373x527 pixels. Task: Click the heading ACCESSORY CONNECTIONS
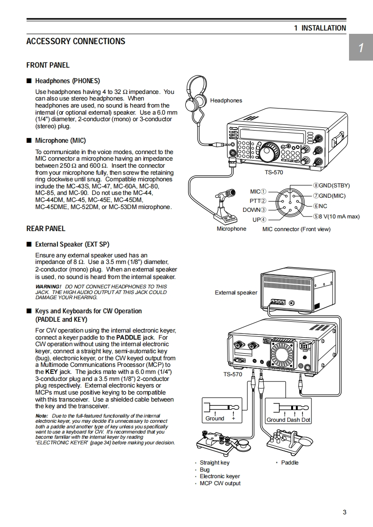point(76,41)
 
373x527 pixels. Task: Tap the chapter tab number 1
point(360,48)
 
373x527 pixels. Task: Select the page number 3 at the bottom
point(344,512)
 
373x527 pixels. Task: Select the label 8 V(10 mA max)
point(339,217)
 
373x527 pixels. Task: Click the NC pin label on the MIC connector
point(322,206)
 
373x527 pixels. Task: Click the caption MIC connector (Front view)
point(296,229)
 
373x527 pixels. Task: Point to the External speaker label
point(236,293)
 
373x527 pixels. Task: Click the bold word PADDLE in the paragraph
point(128,337)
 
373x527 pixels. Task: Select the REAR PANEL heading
point(46,229)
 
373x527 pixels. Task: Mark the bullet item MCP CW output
point(220,483)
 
